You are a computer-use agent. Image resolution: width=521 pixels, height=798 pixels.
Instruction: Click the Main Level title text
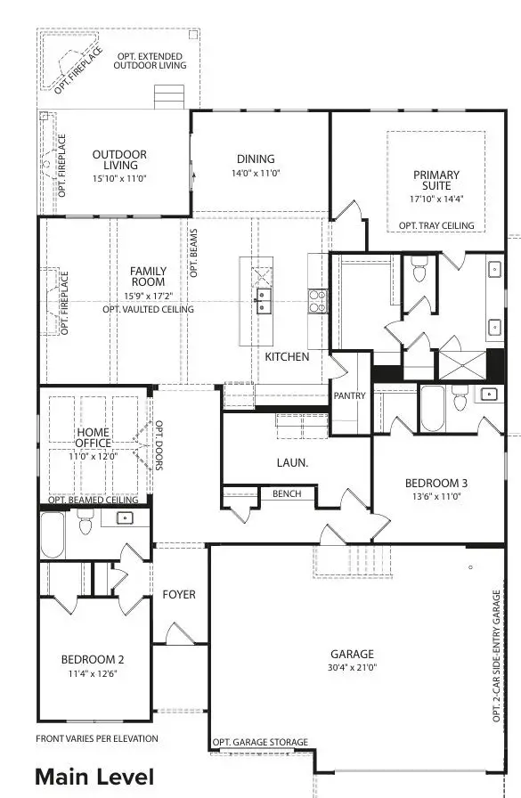coord(94,777)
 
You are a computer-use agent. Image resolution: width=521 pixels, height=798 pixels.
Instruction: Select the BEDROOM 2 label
coord(93,660)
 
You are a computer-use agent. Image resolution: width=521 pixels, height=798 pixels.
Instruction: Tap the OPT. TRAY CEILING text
coord(436,225)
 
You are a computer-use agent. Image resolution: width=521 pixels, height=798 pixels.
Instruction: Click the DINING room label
coord(256,159)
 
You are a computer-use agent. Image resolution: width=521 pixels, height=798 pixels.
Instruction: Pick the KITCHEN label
coord(287,357)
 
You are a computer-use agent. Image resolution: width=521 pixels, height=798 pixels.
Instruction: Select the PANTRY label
coord(350,395)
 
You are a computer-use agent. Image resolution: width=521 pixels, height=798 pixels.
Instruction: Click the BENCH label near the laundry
coord(287,493)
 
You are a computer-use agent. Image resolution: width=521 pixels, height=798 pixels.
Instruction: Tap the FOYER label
coord(179,594)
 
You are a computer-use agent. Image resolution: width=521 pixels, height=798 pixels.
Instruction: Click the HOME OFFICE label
coord(93,437)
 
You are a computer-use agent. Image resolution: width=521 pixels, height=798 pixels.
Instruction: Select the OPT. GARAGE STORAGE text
coord(261,742)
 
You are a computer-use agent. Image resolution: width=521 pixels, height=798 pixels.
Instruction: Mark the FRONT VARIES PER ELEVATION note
coord(97,738)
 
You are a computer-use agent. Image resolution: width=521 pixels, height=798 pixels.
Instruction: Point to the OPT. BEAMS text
coord(192,254)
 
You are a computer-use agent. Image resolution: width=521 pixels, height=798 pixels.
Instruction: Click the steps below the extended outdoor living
coord(168,96)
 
